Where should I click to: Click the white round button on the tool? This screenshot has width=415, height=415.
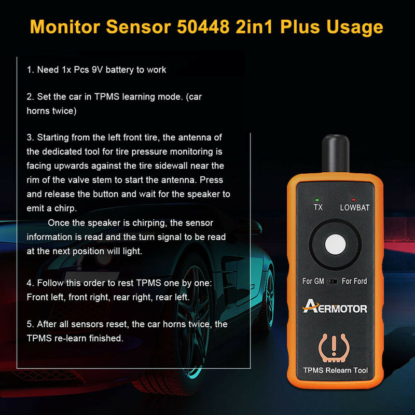pyautogui.click(x=335, y=245)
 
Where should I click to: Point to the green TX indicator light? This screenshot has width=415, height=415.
pyautogui.click(x=316, y=199)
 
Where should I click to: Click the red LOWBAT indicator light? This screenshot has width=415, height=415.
pyautogui.click(x=353, y=199)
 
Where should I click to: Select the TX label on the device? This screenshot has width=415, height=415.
pyautogui.click(x=318, y=208)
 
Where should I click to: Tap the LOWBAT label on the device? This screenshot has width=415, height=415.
pyautogui.click(x=354, y=208)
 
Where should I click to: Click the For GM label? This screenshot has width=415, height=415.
pyautogui.click(x=313, y=281)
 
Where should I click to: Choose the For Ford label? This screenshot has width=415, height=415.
pyautogui.click(x=354, y=281)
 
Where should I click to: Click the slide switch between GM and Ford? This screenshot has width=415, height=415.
pyautogui.click(x=334, y=282)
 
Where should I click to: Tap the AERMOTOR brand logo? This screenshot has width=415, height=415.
pyautogui.click(x=335, y=308)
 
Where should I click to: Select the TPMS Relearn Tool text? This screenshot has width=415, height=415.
pyautogui.click(x=335, y=370)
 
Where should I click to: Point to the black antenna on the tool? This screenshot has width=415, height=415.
pyautogui.click(x=335, y=151)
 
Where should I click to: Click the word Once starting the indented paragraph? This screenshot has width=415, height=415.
pyautogui.click(x=59, y=223)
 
